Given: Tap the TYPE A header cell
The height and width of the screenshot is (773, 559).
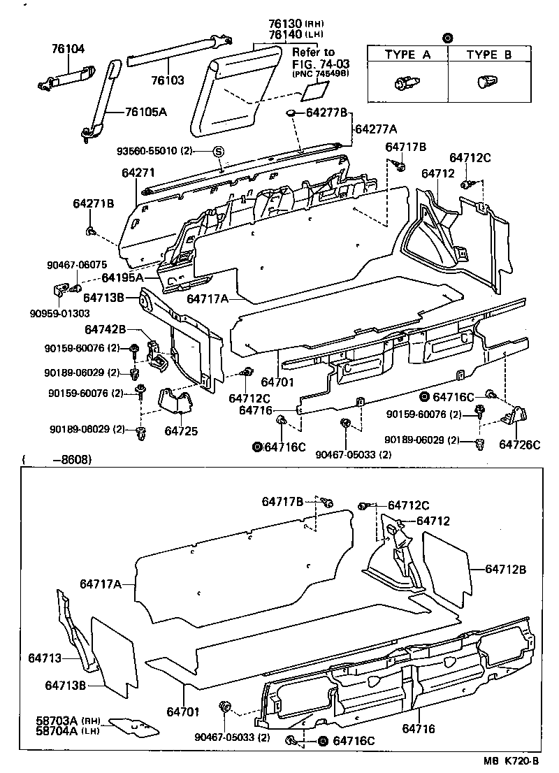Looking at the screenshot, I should click(407, 55).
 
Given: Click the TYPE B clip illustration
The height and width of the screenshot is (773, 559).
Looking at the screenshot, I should click(484, 83).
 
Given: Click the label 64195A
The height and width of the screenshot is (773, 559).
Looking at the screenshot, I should click(122, 277).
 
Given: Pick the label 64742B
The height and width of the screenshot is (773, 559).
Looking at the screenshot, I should click(106, 329).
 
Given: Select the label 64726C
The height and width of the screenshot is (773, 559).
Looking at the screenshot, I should click(518, 444).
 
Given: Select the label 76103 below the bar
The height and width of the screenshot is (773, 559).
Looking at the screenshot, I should click(168, 80).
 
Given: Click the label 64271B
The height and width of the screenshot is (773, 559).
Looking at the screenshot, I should click(93, 203).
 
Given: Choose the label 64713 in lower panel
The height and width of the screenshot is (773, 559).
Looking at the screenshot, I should click(45, 658).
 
